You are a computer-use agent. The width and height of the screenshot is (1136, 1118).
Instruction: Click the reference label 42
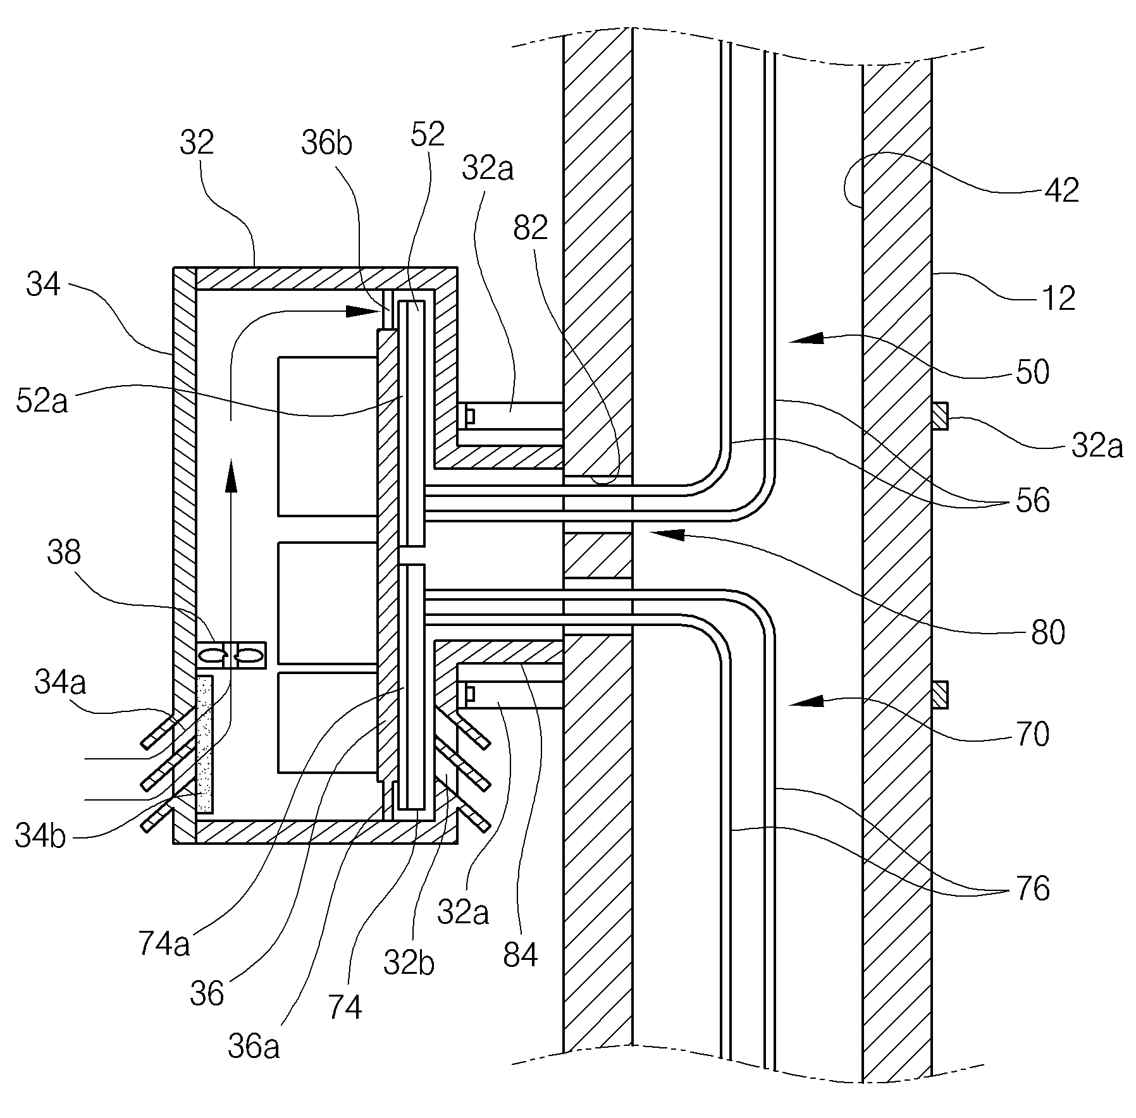tap(1062, 189)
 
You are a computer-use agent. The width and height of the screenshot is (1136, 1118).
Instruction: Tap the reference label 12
tap(1058, 297)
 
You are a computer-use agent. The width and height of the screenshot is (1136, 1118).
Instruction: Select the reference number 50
tap(1032, 372)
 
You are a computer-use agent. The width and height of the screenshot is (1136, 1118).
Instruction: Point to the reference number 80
tap(1048, 632)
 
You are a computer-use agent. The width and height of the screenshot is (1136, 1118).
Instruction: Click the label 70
tap(1032, 734)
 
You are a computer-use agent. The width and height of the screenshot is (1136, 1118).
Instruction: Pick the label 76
tap(1032, 888)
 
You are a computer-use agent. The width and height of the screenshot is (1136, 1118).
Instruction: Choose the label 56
tap(1032, 500)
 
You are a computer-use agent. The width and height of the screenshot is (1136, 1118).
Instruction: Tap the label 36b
tap(326, 144)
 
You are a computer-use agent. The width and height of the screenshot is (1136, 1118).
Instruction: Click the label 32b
tap(409, 964)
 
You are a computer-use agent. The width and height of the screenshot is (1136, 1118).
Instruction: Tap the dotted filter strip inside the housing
tap(205, 744)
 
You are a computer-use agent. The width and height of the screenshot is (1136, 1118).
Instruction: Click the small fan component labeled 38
tap(232, 654)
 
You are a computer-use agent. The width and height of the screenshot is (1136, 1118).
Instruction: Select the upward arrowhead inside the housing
tap(230, 476)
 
